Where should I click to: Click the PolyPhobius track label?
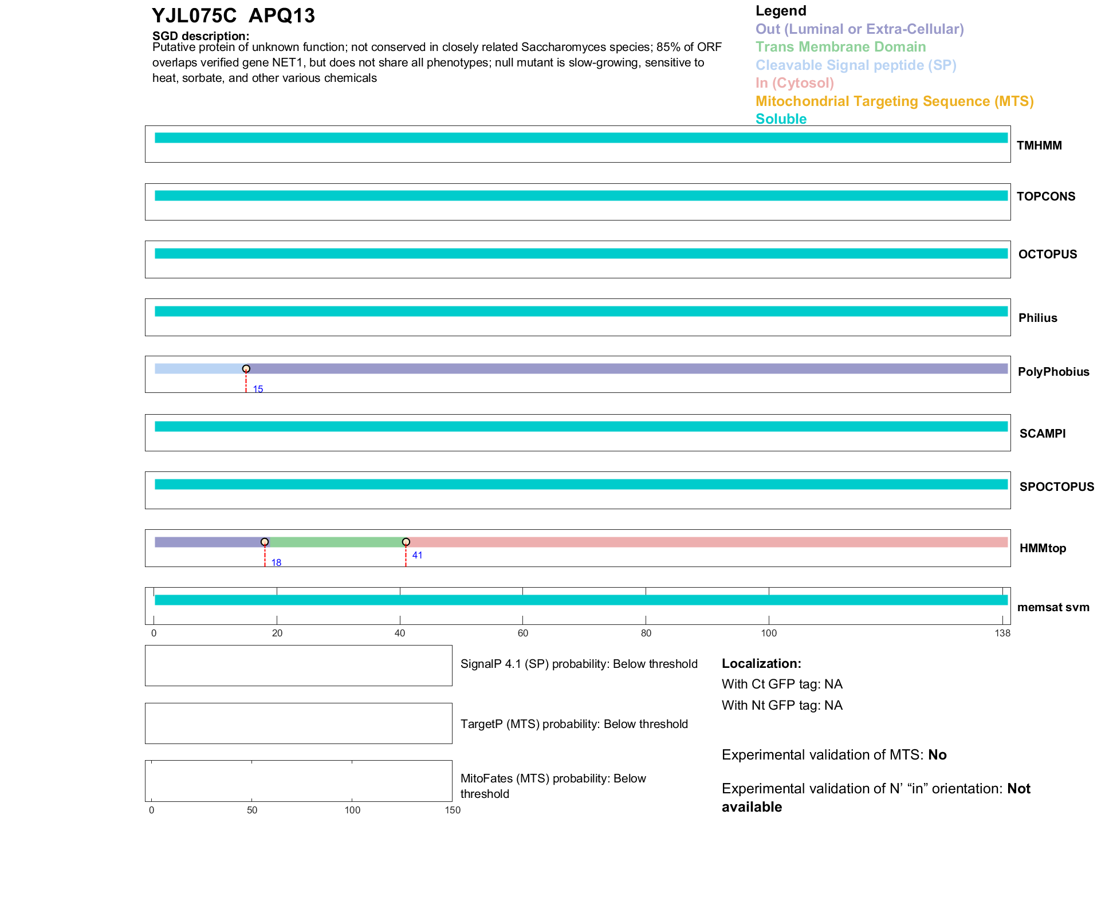1053,372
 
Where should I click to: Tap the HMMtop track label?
1043,548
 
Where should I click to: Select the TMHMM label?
1039,145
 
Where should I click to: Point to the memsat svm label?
1053,607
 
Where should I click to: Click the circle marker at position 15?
246,369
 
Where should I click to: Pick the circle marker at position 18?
265,542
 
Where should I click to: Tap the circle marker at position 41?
406,542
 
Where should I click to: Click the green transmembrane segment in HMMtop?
335,542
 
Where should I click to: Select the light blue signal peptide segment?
199,369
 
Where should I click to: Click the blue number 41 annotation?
417,555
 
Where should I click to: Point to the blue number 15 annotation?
258,389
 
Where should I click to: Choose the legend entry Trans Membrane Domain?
840,47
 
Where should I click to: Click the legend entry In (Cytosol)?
795,83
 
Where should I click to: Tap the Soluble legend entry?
781,119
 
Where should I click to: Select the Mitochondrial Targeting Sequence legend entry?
894,101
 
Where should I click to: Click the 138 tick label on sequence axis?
1002,633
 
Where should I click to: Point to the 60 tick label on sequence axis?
522,633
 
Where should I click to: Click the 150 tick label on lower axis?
453,810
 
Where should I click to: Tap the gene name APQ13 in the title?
282,16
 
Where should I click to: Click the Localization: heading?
761,664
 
